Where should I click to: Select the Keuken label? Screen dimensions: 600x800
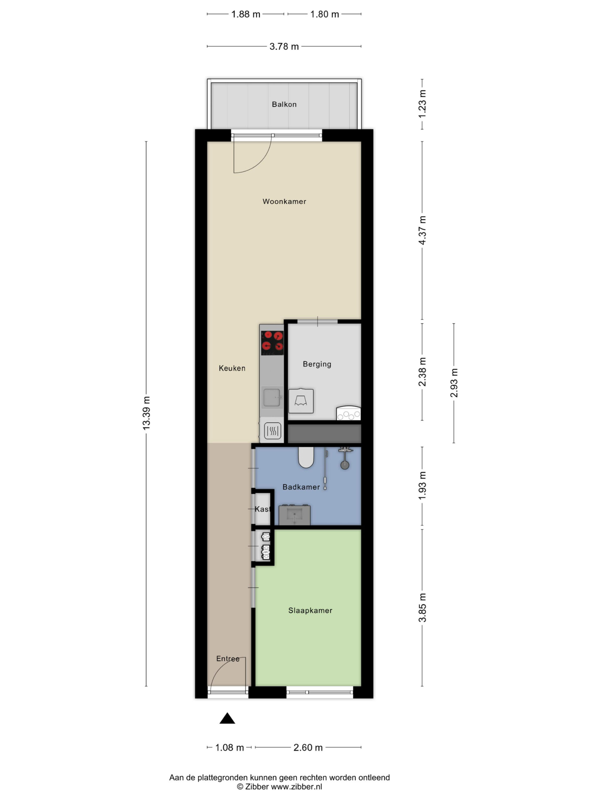coord(232,368)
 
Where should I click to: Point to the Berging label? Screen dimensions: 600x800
coord(317,364)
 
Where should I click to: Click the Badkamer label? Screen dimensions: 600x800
coord(301,487)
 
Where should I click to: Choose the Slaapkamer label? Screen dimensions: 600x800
coord(310,611)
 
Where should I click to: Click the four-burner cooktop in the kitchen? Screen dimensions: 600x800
coord(272,343)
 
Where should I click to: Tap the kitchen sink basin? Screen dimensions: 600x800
coord(272,397)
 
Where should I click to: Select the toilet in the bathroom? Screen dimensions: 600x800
coord(306,457)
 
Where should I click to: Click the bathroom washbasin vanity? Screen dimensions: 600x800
coord(294,515)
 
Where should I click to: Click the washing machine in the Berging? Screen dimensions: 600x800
coord(301,401)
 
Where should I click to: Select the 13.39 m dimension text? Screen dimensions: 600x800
coord(146,413)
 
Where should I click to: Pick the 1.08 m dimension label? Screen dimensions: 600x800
coord(229,747)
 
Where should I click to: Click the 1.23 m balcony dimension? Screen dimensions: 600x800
coord(422,104)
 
